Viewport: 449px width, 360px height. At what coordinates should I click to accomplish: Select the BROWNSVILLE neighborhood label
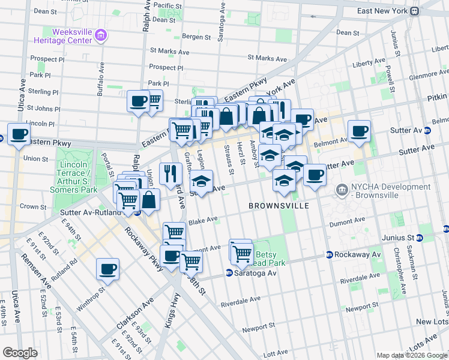tap(279, 206)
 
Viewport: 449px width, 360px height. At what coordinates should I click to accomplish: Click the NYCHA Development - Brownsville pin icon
tap(342, 190)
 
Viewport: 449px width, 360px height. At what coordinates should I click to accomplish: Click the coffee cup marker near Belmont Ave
tap(359, 131)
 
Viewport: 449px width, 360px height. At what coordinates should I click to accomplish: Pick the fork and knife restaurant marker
tap(170, 174)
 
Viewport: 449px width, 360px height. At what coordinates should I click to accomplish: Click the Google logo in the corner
tap(20, 353)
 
